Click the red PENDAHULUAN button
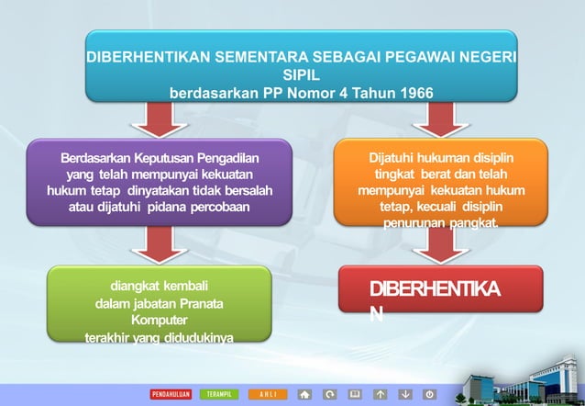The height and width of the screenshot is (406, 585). point(171,394)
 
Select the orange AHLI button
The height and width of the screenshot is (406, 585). point(268,394)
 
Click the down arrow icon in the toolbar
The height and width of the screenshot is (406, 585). point(404,394)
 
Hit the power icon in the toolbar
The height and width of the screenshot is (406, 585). point(429,394)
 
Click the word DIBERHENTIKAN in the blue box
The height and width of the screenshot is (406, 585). point(148,57)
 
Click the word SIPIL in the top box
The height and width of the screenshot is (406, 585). point(301,74)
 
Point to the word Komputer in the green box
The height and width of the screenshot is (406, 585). point(159,321)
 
